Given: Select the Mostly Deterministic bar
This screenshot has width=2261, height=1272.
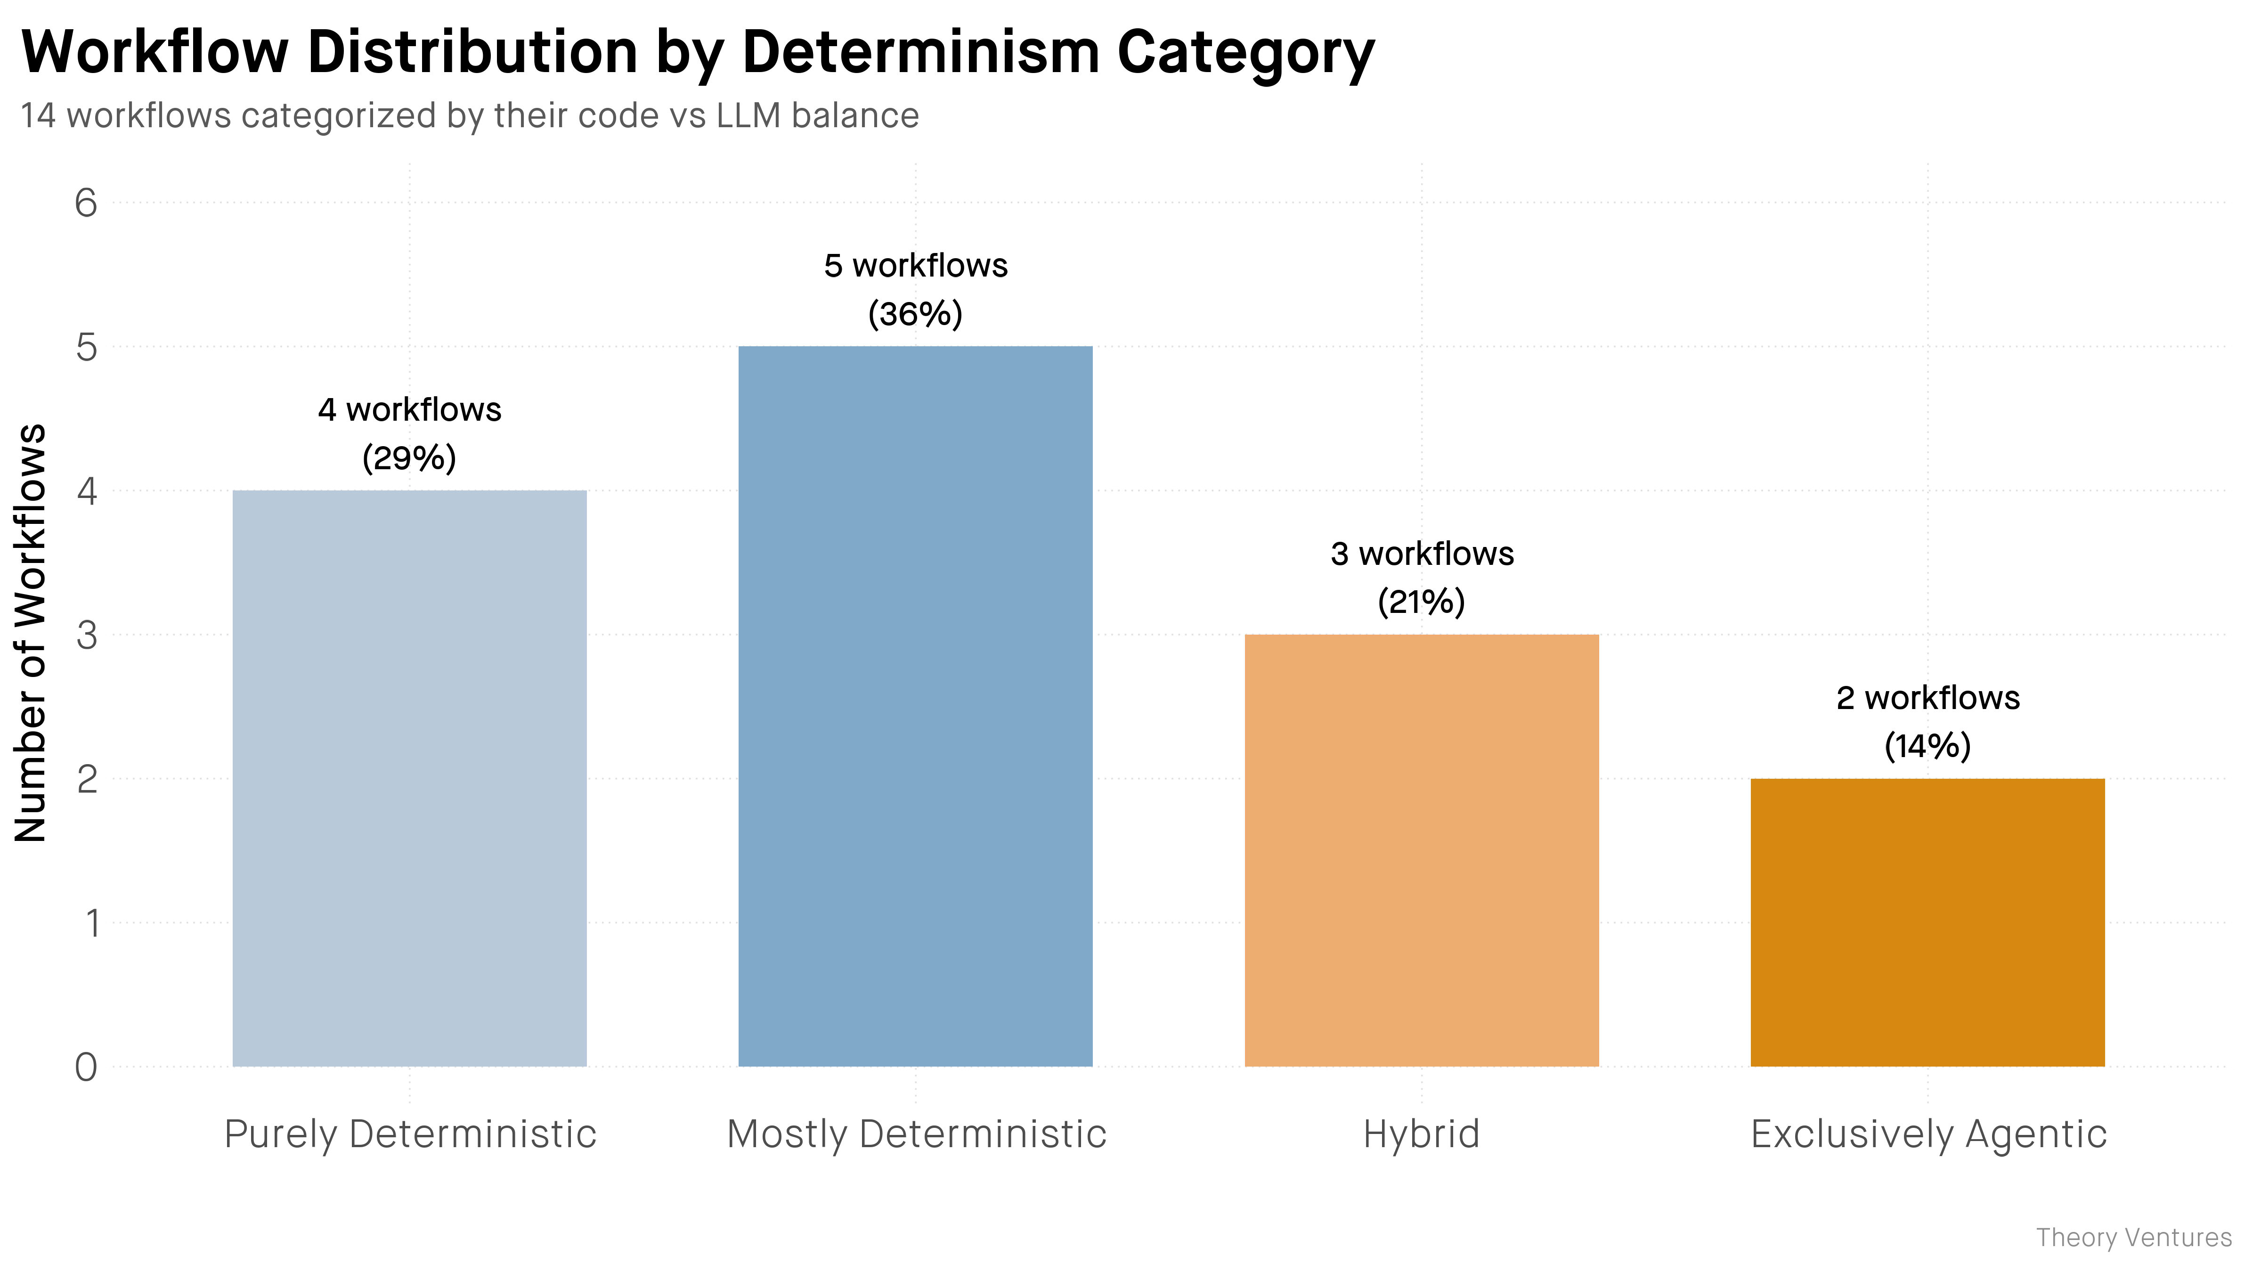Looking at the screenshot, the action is click(915, 707).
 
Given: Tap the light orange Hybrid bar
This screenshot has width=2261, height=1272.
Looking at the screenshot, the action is click(1422, 851).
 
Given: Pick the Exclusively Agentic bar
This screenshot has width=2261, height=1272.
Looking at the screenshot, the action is click(1928, 922).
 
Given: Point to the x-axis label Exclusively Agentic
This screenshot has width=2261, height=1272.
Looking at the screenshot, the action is click(1928, 1134).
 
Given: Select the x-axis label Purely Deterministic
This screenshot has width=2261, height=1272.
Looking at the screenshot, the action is click(410, 1134).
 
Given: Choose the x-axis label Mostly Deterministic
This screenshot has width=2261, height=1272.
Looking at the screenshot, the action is click(916, 1134).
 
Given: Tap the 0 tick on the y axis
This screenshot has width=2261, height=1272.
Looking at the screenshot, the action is click(86, 1068).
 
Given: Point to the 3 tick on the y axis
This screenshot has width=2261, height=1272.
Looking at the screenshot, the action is click(86, 635).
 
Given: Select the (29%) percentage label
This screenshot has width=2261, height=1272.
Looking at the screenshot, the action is click(409, 458).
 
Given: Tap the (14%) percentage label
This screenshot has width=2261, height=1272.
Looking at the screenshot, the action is click(1928, 746).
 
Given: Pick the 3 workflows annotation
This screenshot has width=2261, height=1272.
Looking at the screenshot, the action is click(1422, 554).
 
